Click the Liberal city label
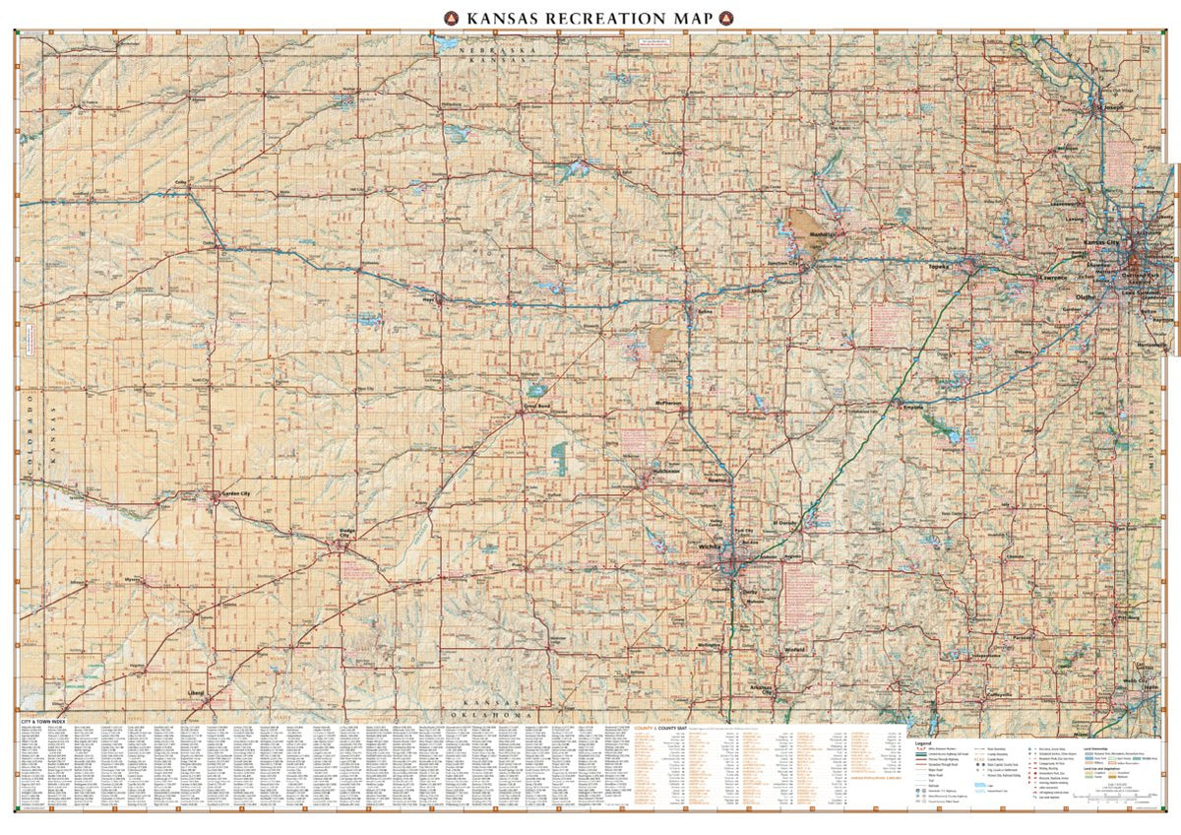tap(197, 692)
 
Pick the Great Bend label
tap(534, 404)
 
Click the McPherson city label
tap(667, 403)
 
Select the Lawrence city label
tap(1050, 279)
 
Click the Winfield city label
tap(795, 650)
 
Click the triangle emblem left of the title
tap(452, 17)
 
